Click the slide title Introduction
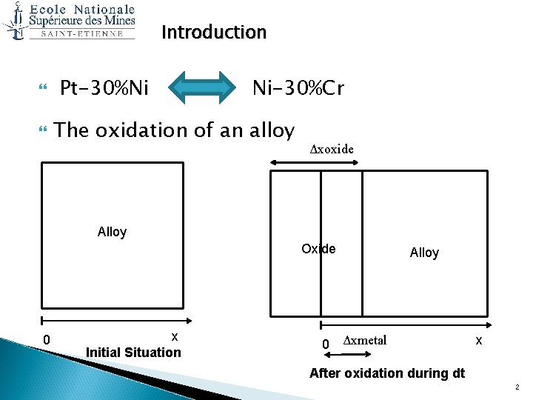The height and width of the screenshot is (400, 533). (x=213, y=33)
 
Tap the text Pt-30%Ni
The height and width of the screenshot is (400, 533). (x=104, y=89)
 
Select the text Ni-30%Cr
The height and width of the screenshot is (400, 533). (x=298, y=89)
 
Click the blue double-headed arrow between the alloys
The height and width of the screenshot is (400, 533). (x=201, y=89)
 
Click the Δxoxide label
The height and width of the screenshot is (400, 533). (x=331, y=149)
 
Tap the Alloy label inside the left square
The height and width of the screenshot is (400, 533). (x=112, y=232)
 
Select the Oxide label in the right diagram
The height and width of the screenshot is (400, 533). (x=318, y=249)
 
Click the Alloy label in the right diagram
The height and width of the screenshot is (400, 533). (x=424, y=253)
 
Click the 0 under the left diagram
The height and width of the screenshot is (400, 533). (x=47, y=340)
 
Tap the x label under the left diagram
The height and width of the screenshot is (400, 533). (x=174, y=336)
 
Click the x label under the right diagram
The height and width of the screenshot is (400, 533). (x=478, y=340)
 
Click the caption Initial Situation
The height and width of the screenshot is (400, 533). (x=133, y=352)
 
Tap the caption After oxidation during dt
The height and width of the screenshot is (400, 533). (x=386, y=373)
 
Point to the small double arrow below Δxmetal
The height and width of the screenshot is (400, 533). (x=341, y=357)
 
